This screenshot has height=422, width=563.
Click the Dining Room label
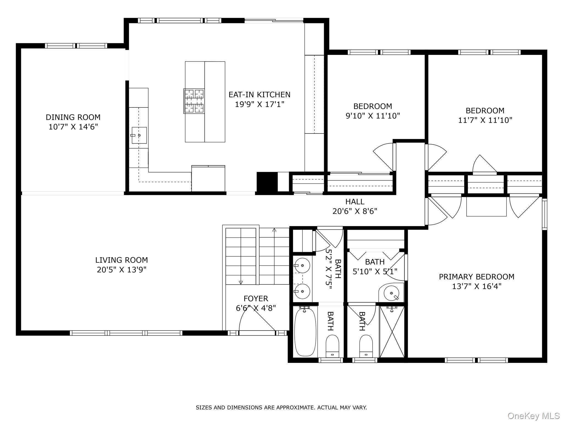[73, 117]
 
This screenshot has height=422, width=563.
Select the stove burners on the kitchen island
[194, 101]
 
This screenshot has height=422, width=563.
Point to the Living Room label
[122, 260]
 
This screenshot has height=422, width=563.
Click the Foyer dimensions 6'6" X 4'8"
[256, 308]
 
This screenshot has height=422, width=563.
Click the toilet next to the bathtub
[332, 346]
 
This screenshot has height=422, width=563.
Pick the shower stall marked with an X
[392, 332]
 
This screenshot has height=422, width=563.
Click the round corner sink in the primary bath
[391, 293]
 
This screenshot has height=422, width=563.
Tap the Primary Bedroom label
[476, 277]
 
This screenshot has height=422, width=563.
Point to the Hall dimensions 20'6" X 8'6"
[355, 211]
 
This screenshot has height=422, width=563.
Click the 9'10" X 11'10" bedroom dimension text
[372, 116]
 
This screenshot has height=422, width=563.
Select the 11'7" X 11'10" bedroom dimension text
[485, 120]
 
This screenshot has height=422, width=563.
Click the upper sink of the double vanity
[302, 266]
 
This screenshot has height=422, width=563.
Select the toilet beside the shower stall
[366, 346]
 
